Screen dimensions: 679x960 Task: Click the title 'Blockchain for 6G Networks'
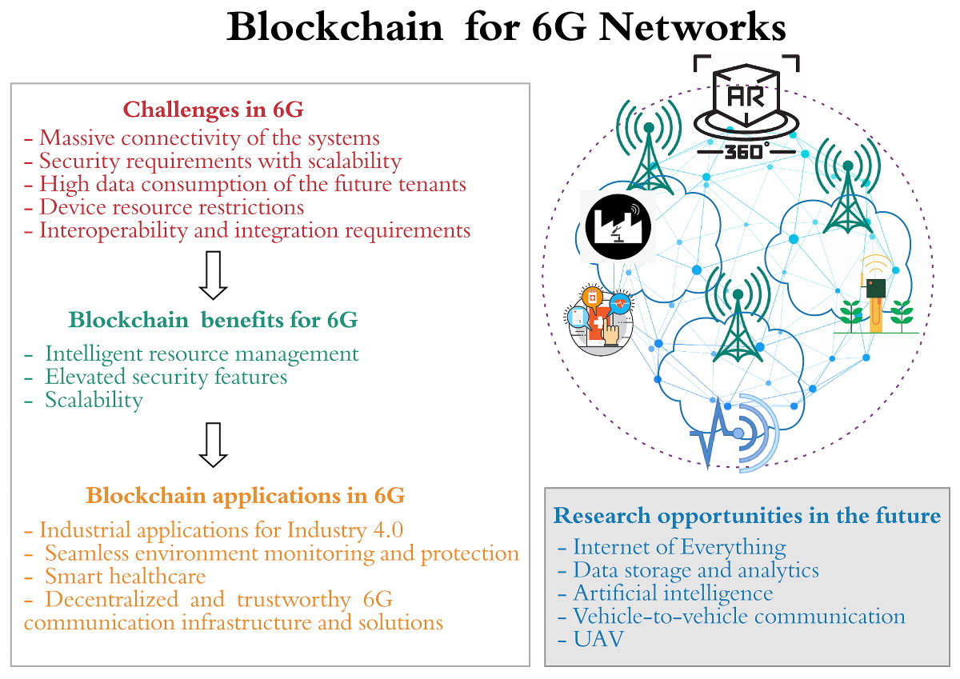click(506, 27)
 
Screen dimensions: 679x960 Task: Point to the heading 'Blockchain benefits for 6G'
click(213, 320)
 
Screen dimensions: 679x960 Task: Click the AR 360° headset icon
click(745, 105)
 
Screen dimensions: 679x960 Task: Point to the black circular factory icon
click(618, 226)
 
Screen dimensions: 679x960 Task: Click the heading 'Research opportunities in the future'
click(746, 516)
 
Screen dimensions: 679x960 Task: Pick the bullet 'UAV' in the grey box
click(590, 640)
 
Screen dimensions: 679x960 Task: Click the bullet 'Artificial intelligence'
click(673, 593)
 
